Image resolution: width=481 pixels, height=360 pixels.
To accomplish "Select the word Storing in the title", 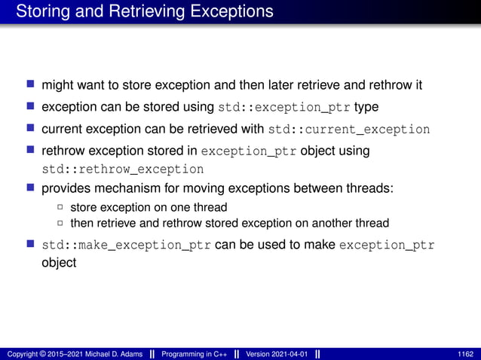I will coord(41,12).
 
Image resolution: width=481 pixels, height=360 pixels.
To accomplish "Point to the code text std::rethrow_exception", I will coord(122,169).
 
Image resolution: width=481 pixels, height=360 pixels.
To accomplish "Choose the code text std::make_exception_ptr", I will coord(126,245).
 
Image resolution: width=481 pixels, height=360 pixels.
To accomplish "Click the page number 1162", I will coord(465,354).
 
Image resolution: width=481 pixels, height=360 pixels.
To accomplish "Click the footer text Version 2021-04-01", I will coord(277,354).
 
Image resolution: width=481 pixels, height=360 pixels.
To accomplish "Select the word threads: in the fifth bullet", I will coord(369,188).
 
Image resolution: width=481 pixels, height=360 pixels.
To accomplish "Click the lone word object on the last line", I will coord(59,263).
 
